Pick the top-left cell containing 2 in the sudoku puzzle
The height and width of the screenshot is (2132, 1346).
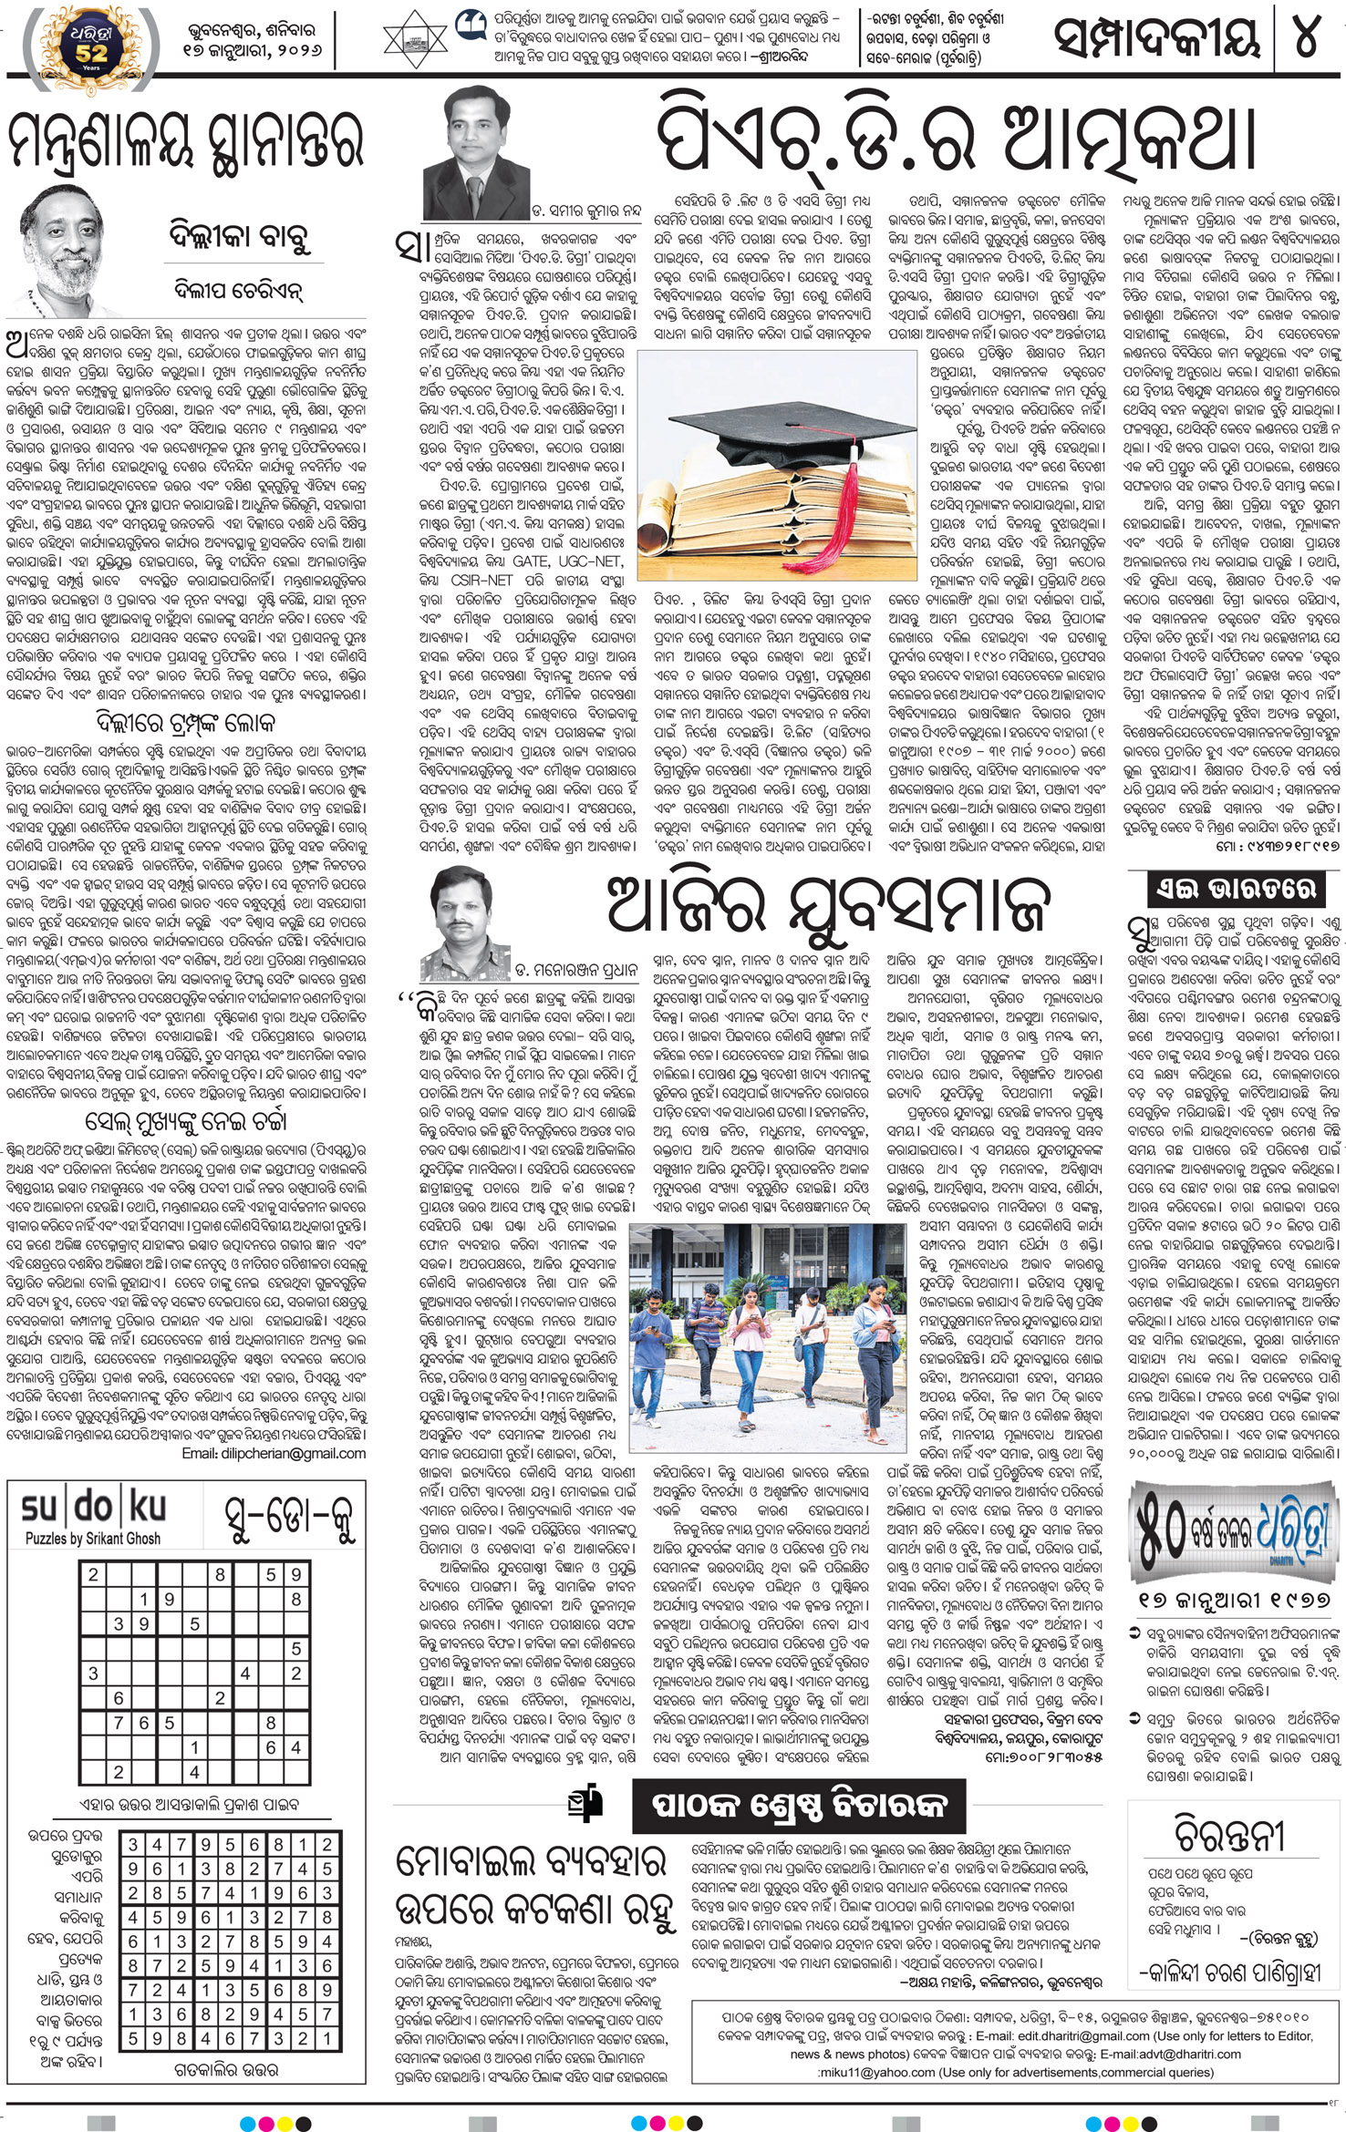pyautogui.click(x=93, y=1574)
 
